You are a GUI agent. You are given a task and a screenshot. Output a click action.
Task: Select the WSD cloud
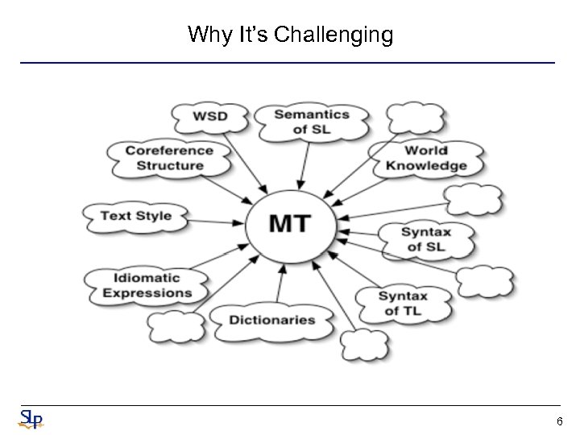tap(209, 116)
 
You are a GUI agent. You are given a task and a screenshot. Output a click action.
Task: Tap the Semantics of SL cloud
tap(311, 122)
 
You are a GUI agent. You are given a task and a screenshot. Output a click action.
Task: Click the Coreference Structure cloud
tap(169, 158)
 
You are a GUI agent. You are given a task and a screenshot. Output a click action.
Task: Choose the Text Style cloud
tap(135, 216)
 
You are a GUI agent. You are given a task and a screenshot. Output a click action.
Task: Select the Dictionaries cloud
tap(271, 320)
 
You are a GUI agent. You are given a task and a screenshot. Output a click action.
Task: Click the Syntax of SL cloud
tap(426, 239)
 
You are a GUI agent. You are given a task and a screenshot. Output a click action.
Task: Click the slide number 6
tap(560, 421)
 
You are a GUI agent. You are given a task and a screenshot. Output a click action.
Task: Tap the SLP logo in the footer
tap(31, 419)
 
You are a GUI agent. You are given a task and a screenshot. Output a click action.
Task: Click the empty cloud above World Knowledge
tap(415, 118)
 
